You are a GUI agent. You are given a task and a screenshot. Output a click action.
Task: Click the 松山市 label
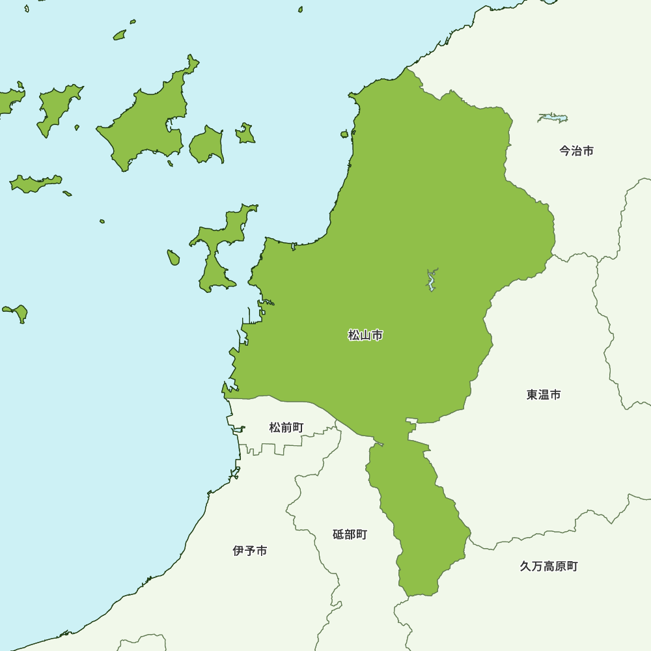pos(365,335)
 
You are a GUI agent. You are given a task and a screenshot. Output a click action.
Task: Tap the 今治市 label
pos(576,151)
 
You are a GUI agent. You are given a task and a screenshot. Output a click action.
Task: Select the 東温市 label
pos(544,395)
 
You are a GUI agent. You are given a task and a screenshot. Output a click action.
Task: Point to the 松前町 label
pos(286,428)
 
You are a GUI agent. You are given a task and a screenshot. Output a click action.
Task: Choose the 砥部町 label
pos(350,534)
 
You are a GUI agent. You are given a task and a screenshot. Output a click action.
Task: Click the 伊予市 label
pos(250,551)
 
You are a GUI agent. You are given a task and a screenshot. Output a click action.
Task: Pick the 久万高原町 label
pos(549,566)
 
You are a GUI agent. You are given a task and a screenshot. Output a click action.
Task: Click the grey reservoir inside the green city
pos(430,280)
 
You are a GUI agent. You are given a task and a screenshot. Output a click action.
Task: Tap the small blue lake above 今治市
pos(553,118)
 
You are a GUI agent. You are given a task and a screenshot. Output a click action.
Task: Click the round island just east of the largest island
pos(207,145)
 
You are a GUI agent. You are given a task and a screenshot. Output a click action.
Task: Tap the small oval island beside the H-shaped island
pos(173,258)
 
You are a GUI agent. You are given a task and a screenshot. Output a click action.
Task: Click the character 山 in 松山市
pos(365,335)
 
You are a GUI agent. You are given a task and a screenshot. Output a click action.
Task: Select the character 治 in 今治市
pos(576,151)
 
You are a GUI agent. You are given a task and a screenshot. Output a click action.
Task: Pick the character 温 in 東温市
pos(544,395)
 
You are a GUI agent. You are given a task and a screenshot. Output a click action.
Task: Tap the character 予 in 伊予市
pos(250,551)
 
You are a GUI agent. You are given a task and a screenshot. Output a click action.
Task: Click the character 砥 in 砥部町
pos(339,534)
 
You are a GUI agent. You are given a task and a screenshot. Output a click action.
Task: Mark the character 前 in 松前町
pos(286,428)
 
